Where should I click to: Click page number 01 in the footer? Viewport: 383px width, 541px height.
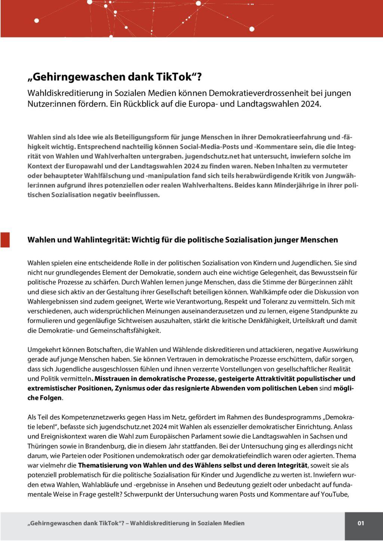point(361,523)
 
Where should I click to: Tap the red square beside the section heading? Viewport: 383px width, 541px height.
point(5,239)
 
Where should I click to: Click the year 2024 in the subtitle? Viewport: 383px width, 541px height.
point(310,104)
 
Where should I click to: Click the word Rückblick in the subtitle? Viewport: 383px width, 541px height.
point(140,104)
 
